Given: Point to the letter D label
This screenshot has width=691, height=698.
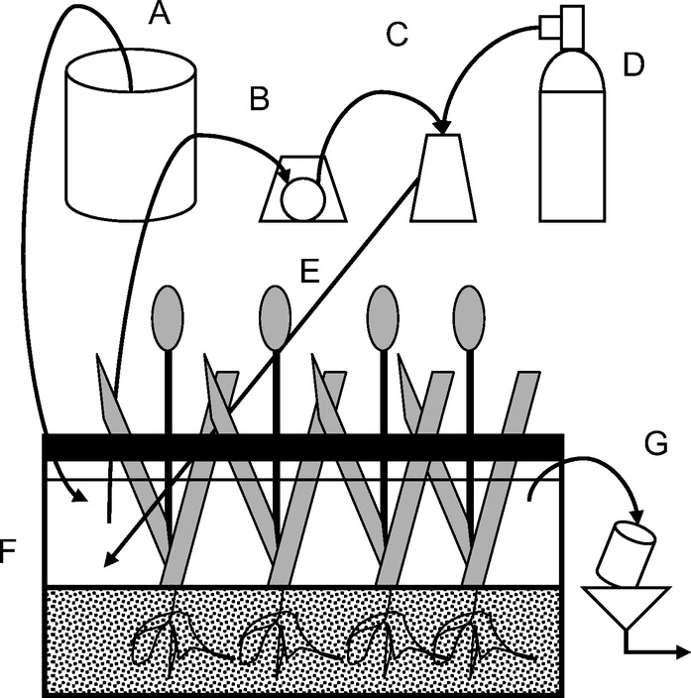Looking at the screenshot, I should pyautogui.click(x=631, y=65).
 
